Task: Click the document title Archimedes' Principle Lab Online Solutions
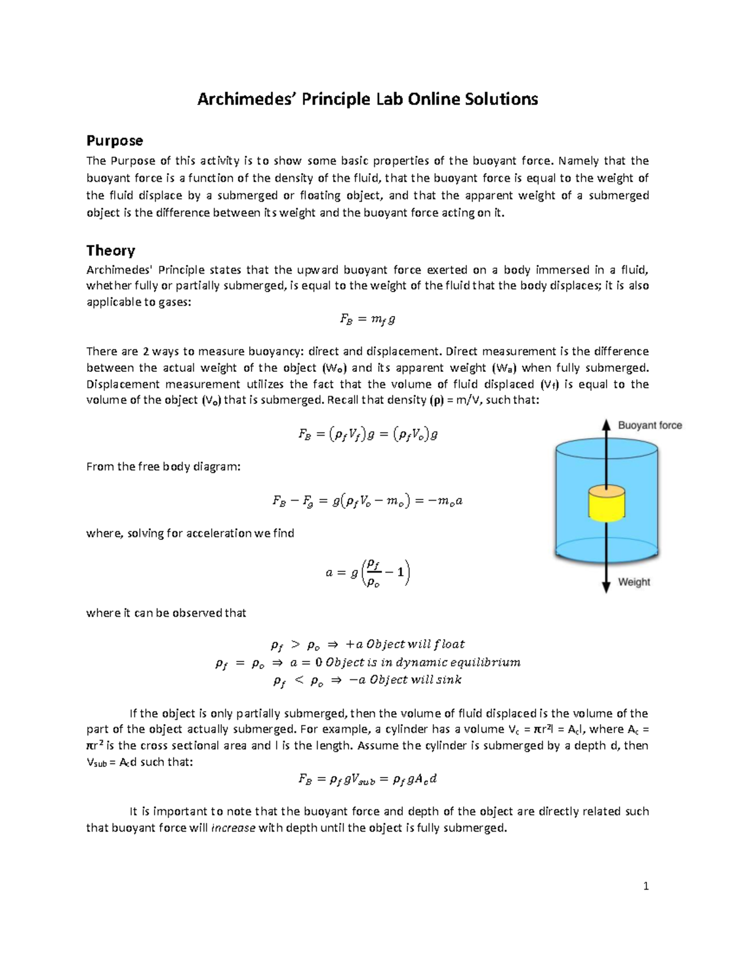point(367,99)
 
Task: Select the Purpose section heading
point(115,141)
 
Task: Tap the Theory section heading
point(110,250)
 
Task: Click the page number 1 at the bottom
point(646,885)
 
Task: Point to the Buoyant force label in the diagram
point(650,425)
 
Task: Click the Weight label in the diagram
point(634,582)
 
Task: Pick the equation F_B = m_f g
point(367,319)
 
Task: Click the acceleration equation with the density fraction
point(367,573)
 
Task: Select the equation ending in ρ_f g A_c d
point(367,779)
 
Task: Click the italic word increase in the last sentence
point(233,828)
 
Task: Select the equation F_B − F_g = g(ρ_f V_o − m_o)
point(367,501)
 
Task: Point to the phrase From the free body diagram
point(164,466)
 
